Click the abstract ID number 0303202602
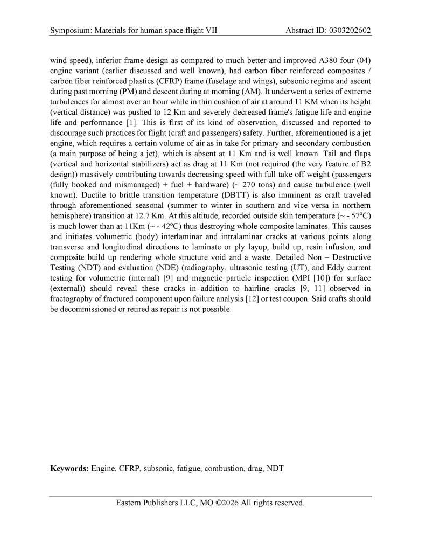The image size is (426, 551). point(350,30)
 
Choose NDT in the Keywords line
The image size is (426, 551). point(275,469)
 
